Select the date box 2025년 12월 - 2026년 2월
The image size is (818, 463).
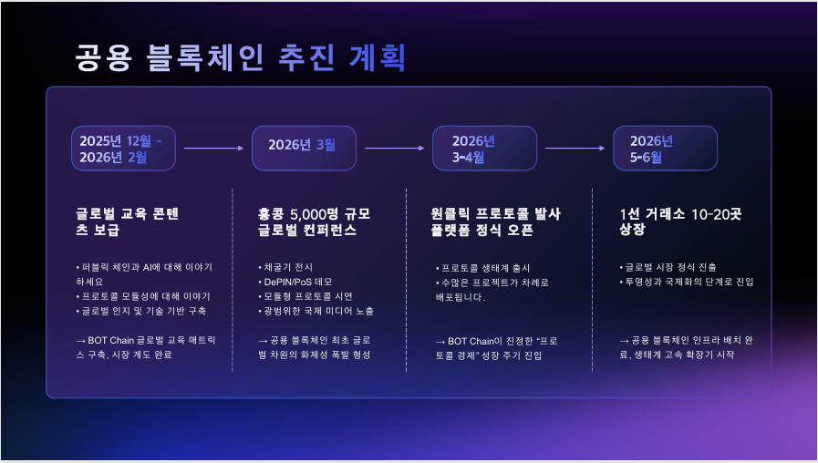tap(122, 148)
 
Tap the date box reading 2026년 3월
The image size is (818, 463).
tap(304, 146)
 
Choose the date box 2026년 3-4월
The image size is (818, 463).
tap(484, 148)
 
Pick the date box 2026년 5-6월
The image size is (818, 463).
tap(664, 148)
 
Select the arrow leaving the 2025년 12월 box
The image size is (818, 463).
tap(213, 147)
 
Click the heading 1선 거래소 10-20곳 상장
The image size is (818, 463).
tap(680, 221)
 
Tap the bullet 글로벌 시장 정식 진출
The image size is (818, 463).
tap(669, 267)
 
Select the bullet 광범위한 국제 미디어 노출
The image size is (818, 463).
tap(318, 311)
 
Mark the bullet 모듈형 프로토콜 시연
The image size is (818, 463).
tap(308, 296)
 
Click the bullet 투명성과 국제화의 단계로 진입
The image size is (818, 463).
tap(689, 282)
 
